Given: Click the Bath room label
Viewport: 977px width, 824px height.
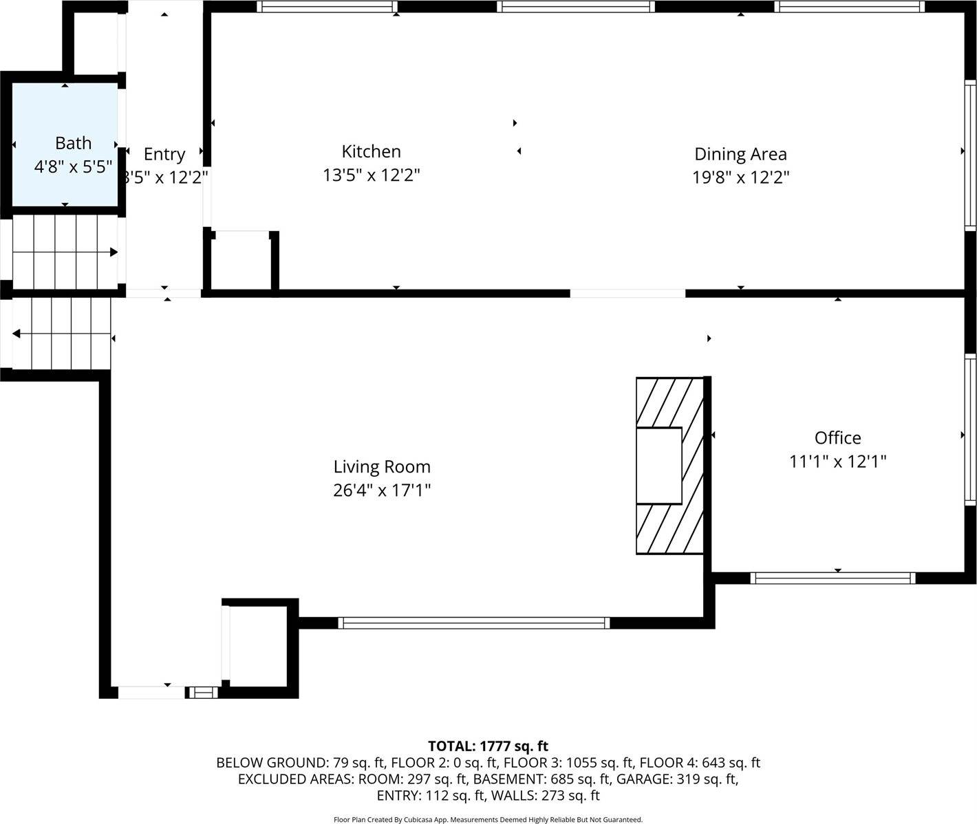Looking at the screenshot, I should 73,143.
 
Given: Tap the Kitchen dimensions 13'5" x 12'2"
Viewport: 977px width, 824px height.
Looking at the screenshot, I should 371,175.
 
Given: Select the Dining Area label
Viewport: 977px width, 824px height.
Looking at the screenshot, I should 740,154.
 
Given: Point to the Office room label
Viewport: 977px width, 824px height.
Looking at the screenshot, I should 837,437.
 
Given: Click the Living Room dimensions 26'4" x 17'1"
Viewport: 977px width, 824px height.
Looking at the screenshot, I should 382,490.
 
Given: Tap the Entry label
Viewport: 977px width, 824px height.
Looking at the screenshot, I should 164,154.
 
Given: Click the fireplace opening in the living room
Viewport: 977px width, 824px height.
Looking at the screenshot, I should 658,466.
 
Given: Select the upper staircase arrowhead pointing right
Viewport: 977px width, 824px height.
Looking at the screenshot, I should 114,252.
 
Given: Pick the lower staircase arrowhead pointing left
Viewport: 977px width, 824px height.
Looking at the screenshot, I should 16,334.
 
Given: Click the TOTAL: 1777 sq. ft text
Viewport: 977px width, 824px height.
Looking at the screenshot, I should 488,746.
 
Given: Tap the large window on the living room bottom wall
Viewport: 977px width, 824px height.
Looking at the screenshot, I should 474,623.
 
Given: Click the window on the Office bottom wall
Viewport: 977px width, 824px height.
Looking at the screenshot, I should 833,578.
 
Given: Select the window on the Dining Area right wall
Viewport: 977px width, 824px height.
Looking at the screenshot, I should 970,155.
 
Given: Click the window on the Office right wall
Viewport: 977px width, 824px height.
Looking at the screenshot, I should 970,430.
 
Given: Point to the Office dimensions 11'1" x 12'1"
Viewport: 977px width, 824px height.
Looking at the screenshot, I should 837,462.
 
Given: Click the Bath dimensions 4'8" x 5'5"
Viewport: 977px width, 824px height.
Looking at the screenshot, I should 73,166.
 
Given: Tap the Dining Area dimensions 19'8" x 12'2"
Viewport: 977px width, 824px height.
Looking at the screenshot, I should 740,178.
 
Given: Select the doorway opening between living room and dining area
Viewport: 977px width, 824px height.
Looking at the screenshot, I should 627,294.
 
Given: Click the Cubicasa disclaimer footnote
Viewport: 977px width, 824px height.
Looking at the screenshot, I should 488,819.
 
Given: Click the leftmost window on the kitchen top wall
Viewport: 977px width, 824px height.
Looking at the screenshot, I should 327,7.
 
